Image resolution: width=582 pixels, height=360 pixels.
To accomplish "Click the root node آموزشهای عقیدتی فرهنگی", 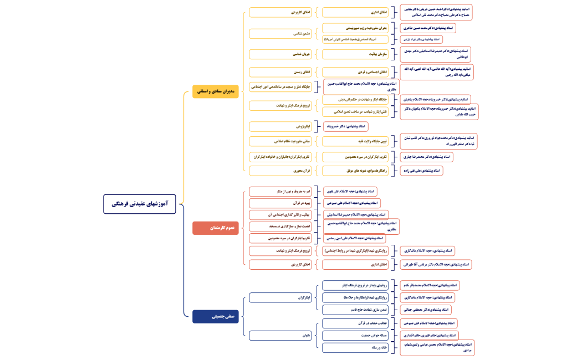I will point(135,204).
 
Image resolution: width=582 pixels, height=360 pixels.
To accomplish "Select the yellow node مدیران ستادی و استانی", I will point(216,92).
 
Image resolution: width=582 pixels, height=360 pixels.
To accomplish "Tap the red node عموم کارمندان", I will point(216,228).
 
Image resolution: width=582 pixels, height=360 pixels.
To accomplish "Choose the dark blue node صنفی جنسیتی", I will point(216,317).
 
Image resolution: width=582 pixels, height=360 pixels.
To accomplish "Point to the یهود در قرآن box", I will point(280,203).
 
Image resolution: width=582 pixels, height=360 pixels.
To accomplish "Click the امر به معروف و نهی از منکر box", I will point(280,191).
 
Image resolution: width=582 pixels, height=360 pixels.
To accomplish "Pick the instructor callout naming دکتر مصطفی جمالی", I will point(425,310).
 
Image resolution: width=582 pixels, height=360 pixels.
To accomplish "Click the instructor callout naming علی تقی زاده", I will point(421,171).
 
